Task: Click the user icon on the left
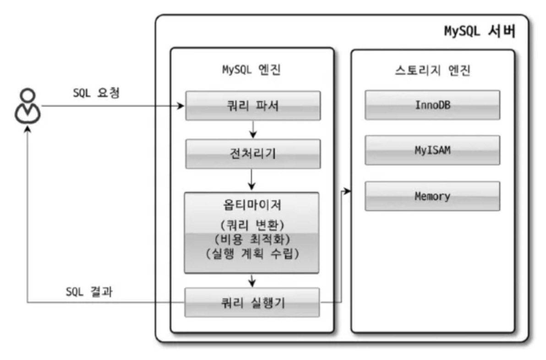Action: click(28, 106)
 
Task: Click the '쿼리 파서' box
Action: click(252, 105)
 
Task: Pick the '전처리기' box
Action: click(252, 153)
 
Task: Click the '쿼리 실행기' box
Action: click(252, 302)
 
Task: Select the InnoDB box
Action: click(432, 105)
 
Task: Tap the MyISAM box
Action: click(432, 150)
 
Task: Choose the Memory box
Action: click(432, 196)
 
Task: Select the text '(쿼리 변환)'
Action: click(251, 225)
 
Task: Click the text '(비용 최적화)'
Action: click(251, 240)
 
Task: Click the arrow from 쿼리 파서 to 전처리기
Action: click(252, 130)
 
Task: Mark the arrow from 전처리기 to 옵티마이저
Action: click(252, 180)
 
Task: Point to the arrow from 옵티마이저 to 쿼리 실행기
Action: click(252, 280)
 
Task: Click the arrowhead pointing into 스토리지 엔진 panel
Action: click(348, 191)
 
